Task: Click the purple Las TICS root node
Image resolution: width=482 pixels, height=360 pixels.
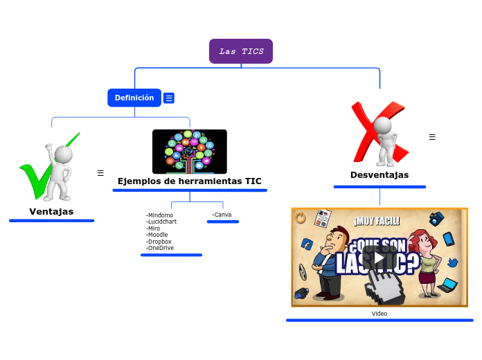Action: [x=241, y=51]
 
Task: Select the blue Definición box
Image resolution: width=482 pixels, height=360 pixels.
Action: [x=134, y=98]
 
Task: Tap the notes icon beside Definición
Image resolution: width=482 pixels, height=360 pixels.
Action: [x=169, y=98]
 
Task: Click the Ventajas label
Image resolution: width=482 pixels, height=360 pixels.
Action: [x=51, y=211]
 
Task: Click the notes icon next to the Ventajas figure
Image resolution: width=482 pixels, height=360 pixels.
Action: [x=100, y=173]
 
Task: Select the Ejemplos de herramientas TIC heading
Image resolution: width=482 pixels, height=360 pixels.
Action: [x=189, y=181]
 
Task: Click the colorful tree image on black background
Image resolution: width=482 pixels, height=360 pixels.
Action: [x=189, y=151]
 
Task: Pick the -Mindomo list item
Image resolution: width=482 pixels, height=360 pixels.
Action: [x=159, y=215]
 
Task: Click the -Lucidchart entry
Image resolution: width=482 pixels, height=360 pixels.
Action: [x=161, y=222]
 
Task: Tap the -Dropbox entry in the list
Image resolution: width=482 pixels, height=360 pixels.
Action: [x=159, y=241]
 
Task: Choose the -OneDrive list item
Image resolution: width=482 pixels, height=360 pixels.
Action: [x=160, y=248]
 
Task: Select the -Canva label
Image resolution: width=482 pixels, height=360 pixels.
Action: [x=222, y=215]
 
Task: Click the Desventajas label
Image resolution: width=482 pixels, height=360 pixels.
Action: [x=380, y=175]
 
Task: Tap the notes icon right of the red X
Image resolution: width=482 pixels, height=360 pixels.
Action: [x=432, y=137]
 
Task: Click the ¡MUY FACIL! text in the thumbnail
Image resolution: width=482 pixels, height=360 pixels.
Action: [x=377, y=222]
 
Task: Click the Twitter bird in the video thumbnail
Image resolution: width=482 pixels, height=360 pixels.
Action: [x=453, y=263]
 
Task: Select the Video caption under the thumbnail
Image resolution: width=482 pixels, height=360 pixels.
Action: [x=380, y=314]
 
